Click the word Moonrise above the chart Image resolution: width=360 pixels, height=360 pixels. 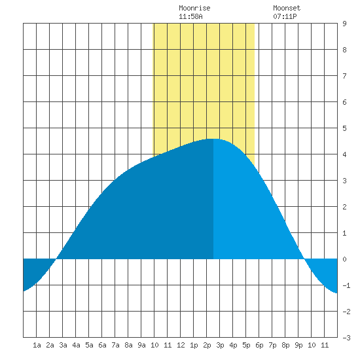(194, 8)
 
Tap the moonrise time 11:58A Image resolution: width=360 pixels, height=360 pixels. (190, 16)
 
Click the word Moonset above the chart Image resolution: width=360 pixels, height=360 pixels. (287, 8)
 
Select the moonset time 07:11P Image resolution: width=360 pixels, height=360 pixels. (285, 16)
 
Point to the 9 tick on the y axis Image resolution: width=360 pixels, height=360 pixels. (344, 24)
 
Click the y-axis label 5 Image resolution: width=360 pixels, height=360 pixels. (344, 128)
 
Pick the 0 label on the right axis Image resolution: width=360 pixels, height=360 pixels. (344, 259)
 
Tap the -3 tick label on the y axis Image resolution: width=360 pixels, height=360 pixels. (346, 338)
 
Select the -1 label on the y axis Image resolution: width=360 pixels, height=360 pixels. (346, 285)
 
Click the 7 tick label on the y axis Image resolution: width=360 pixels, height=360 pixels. (344, 76)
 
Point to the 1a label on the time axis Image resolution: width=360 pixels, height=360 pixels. (37, 345)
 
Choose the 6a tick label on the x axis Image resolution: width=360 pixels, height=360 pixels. (102, 345)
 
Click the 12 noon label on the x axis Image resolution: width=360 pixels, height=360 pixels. (181, 345)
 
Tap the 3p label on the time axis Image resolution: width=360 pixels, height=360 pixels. (220, 345)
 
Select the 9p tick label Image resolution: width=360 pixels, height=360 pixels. (298, 345)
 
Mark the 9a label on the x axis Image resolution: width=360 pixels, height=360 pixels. (141, 345)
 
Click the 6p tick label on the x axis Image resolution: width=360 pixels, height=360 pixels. (259, 345)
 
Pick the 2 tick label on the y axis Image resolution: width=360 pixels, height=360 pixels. (344, 207)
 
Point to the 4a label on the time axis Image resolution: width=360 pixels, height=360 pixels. (76, 345)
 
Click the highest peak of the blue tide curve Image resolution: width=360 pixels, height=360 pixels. (213, 139)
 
